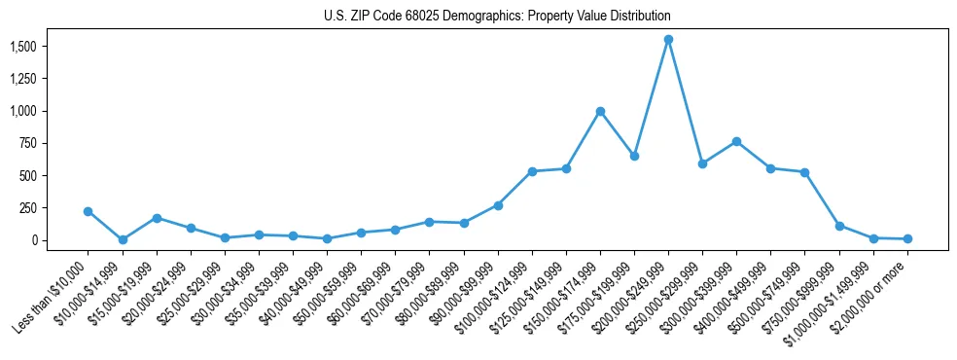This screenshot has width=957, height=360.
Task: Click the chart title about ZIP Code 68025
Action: pos(497,17)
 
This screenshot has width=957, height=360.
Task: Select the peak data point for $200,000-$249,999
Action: pos(668,40)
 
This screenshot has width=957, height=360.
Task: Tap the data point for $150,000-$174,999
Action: pos(600,111)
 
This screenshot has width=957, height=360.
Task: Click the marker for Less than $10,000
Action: pos(89,211)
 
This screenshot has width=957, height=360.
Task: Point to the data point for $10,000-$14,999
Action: pos(123,239)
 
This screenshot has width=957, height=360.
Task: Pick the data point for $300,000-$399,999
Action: pos(736,142)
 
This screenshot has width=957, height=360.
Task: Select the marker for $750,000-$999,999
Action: pos(839,226)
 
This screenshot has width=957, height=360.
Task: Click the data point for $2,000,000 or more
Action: pos(907,238)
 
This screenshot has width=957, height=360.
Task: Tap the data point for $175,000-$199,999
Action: pos(634,156)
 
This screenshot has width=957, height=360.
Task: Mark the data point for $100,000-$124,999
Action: pos(532,171)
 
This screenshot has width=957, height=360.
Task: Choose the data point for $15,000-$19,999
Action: pos(157,218)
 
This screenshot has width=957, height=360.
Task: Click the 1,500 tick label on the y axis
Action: pos(23,47)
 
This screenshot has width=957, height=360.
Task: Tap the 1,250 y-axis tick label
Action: pos(23,79)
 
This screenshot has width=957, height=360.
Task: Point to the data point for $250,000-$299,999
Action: pos(702,163)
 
